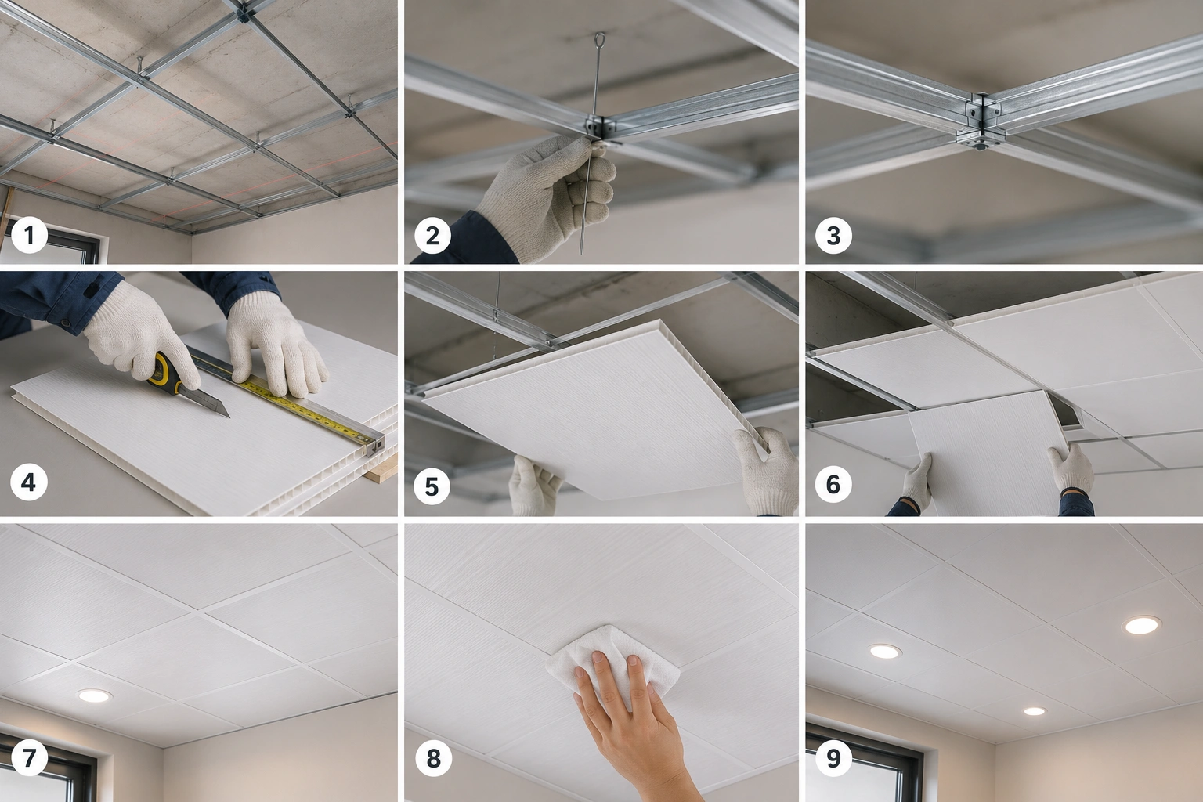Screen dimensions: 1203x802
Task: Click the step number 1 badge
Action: (29, 235)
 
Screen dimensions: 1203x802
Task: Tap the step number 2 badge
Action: (432, 235)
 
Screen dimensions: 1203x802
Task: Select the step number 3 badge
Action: (833, 235)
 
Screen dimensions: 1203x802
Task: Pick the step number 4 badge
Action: (29, 482)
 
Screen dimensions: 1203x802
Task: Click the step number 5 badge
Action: (432, 486)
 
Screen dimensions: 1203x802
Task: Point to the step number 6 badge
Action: (833, 484)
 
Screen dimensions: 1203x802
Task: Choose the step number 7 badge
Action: (29, 757)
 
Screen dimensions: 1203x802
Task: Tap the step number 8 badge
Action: (433, 758)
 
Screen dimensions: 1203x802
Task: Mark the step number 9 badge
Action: (833, 758)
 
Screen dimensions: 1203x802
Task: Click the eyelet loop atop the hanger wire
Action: (599, 40)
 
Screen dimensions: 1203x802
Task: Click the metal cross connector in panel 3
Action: (981, 121)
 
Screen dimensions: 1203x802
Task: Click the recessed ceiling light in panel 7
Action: (95, 695)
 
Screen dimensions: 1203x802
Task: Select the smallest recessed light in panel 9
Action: (1035, 711)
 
